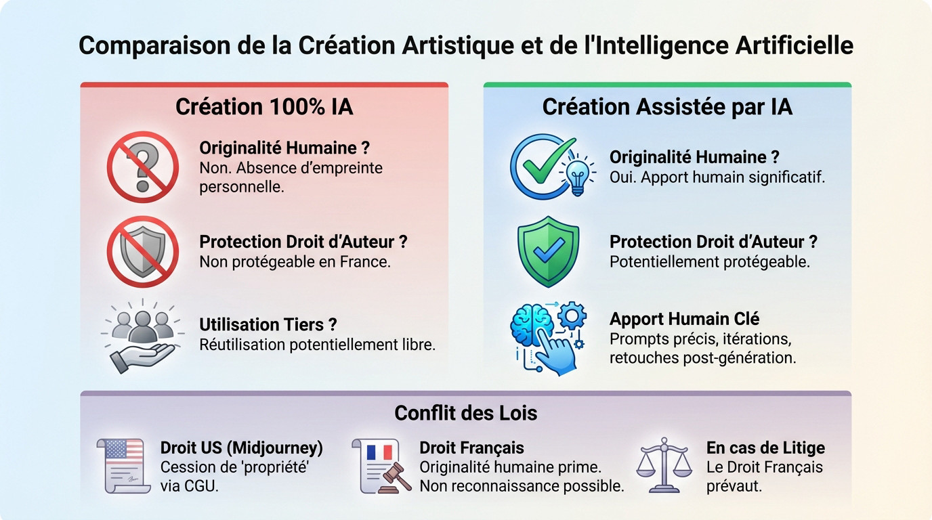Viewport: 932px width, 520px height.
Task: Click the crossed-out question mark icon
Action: (142, 167)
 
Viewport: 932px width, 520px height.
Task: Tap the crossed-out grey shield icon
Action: (142, 251)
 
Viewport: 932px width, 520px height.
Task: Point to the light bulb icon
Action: (577, 173)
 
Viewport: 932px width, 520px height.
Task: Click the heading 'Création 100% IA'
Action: (264, 107)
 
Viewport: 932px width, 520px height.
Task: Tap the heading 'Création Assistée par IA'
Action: (667, 107)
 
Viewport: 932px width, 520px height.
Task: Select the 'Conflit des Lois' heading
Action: (465, 413)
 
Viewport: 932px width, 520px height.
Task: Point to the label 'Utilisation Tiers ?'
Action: (268, 325)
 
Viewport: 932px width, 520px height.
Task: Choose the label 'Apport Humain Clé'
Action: (684, 318)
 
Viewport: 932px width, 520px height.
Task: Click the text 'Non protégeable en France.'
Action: (295, 261)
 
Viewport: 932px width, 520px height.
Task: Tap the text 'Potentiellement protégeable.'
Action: (709, 261)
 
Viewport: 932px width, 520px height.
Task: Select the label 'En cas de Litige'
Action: (765, 448)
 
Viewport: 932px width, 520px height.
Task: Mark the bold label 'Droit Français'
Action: (471, 448)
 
